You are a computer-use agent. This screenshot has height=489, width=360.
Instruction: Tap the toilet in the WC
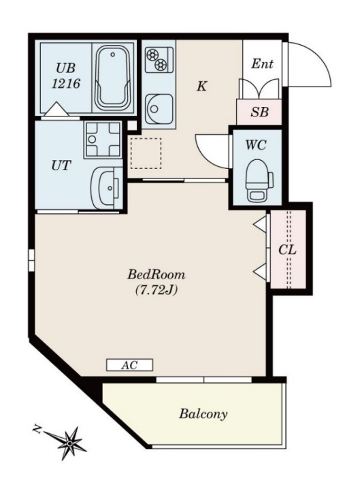(x=259, y=180)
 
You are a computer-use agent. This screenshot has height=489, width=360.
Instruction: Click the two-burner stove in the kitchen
(x=159, y=59)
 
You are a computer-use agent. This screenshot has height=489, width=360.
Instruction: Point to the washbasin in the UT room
(x=107, y=188)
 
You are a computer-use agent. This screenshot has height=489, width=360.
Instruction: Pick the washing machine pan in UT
(x=103, y=139)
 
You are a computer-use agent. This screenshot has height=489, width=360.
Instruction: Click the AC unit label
(x=129, y=365)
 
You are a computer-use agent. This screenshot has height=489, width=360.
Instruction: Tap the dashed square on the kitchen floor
(x=146, y=153)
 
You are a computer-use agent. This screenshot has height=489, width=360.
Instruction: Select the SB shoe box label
(x=259, y=112)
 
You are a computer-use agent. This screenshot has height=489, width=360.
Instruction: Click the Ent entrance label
(x=262, y=64)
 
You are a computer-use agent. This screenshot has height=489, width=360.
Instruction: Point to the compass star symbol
(x=70, y=443)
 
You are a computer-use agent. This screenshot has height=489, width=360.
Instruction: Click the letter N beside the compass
(x=37, y=430)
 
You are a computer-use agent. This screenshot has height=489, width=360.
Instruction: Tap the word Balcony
(x=203, y=414)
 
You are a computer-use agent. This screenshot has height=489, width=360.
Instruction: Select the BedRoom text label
(x=156, y=274)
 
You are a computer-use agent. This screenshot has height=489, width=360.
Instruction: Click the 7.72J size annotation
(x=156, y=290)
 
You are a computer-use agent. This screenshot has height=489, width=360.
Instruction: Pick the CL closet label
(x=287, y=250)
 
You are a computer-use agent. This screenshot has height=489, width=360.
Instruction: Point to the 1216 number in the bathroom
(x=66, y=84)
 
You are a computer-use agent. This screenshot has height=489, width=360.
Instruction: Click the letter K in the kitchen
(x=201, y=86)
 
